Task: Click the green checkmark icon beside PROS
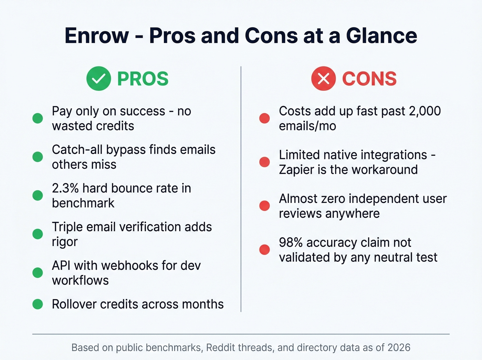tap(98, 79)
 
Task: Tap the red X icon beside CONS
tap(323, 79)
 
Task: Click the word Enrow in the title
tap(97, 35)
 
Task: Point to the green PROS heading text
tap(143, 79)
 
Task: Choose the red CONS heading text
tap(369, 79)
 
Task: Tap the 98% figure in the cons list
tap(291, 243)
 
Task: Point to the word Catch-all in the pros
tap(77, 150)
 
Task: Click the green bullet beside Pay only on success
tap(38, 118)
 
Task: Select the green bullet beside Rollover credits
tap(38, 304)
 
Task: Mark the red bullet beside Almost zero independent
tap(264, 206)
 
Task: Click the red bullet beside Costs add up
tap(264, 118)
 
